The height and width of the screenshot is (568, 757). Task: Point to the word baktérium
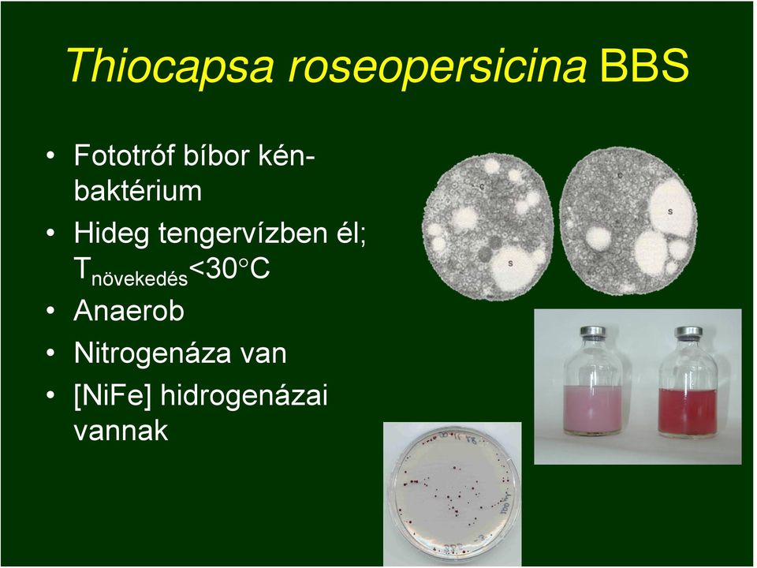coord(138,190)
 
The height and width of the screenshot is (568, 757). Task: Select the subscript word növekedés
coord(140,278)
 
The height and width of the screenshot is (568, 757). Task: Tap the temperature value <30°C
coord(229,268)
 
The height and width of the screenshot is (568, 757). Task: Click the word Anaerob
coord(129,311)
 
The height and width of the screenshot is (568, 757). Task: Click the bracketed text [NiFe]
coord(113,396)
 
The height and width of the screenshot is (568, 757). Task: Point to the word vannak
coord(121,431)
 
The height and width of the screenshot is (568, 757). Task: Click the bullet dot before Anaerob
coord(50,311)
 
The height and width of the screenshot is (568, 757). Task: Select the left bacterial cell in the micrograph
coord(488,227)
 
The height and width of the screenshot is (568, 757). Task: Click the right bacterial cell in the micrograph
coord(628,221)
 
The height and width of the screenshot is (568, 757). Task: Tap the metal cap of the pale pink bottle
coord(592,333)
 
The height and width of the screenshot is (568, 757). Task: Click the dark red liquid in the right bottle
coord(688,411)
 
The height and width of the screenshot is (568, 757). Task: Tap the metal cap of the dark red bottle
coord(688,333)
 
